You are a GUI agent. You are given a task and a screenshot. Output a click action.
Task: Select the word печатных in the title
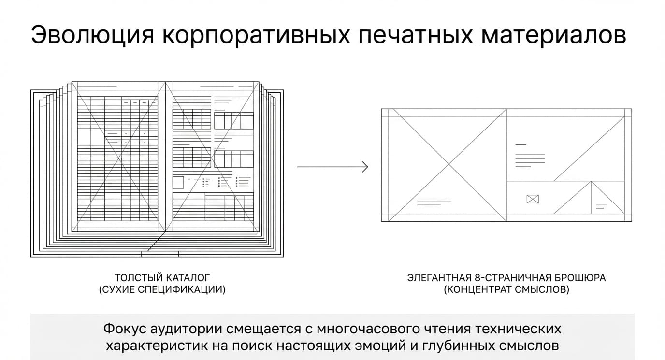coord(416,35)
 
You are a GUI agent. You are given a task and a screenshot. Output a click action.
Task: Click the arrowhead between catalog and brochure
coord(365,167)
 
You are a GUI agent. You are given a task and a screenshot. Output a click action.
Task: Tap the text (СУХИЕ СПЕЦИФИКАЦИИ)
coord(162,289)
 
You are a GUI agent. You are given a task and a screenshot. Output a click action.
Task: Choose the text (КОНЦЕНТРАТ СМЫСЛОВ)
coord(506,289)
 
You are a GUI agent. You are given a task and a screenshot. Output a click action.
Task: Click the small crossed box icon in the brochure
coord(533,199)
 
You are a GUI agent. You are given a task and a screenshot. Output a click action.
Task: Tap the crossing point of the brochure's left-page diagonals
coord(449,164)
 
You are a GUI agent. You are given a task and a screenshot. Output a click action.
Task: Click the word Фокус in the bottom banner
coord(125,329)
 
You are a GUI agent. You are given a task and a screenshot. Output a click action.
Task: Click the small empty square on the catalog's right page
coord(178,183)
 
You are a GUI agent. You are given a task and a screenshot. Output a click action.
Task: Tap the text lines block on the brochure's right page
coord(530,156)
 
